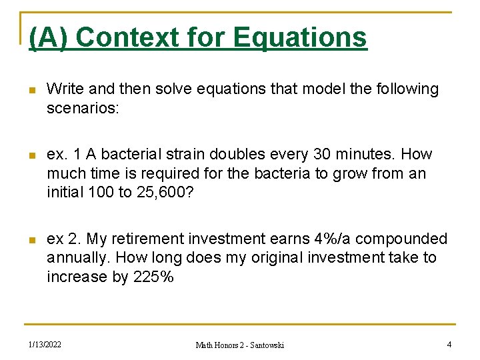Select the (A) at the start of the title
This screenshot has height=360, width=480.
pyautogui.click(x=49, y=37)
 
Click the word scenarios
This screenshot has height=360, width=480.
pyautogui.click(x=83, y=107)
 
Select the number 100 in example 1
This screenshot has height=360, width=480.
pyautogui.click(x=103, y=192)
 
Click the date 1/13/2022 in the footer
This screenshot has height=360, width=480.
pyautogui.click(x=45, y=345)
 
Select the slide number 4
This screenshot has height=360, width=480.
pyautogui.click(x=449, y=345)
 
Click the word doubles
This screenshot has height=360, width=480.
pyautogui.click(x=233, y=155)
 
